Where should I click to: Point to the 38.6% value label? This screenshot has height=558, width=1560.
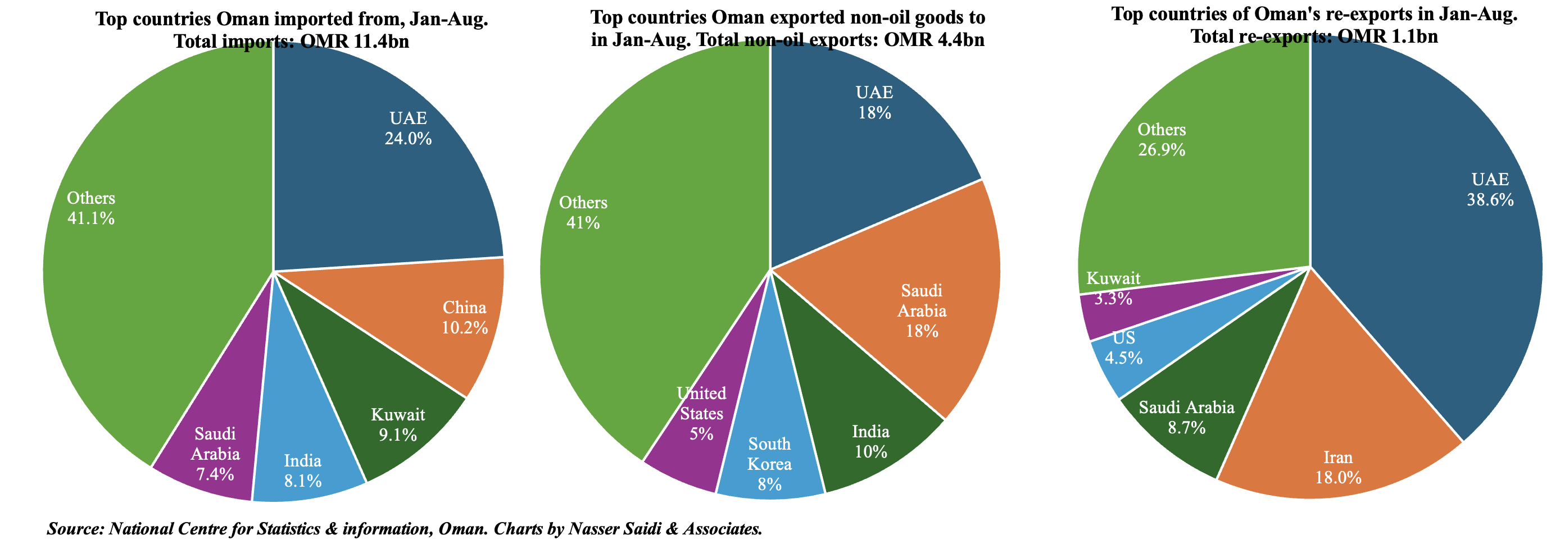tap(1490, 200)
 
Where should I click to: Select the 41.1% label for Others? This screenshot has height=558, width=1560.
tap(91, 218)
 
